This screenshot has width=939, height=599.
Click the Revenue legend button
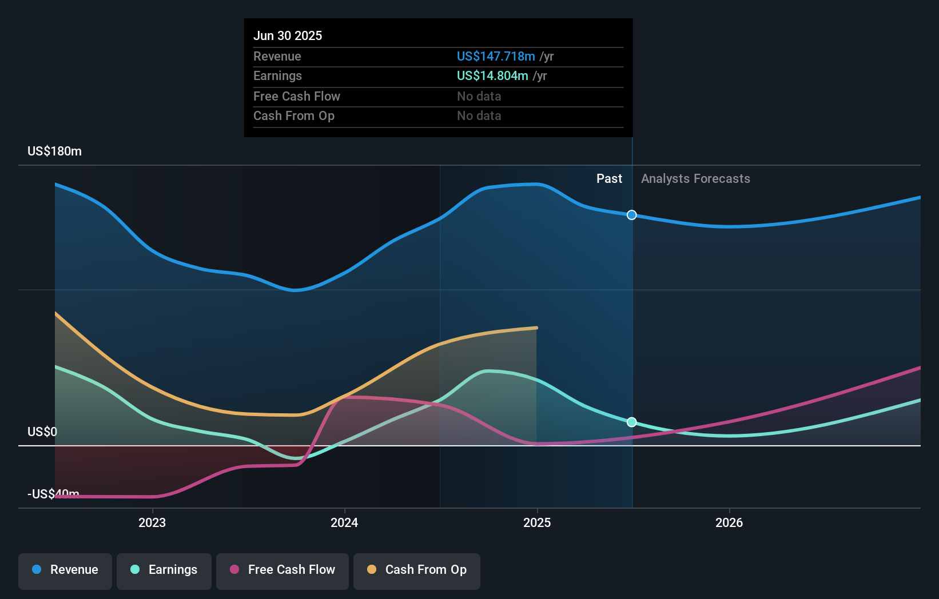tap(65, 570)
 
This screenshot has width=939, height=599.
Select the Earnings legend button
tap(164, 570)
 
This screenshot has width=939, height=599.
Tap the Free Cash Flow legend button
tap(283, 570)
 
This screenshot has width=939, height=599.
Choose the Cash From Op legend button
tap(417, 570)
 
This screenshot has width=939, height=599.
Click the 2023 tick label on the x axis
tap(152, 523)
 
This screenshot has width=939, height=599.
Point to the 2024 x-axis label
tap(344, 523)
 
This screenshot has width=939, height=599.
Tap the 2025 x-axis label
tap(537, 523)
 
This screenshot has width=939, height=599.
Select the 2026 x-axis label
tap(729, 523)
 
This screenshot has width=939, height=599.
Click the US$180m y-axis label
tap(54, 151)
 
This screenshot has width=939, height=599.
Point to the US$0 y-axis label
tap(42, 432)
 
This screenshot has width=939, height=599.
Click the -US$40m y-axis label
tap(53, 494)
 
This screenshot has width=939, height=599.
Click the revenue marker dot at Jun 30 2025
tap(631, 215)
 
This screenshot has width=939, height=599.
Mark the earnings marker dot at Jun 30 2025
tap(631, 422)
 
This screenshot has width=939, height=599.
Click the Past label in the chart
tap(609, 179)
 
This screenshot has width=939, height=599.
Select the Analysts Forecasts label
tap(695, 179)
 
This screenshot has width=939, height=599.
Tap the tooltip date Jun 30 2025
tap(288, 36)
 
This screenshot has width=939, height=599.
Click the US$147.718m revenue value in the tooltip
tap(496, 57)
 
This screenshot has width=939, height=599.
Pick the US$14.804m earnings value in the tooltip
tap(492, 76)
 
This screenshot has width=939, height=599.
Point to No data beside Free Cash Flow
tap(479, 97)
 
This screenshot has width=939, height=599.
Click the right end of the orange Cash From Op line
tap(536, 328)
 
